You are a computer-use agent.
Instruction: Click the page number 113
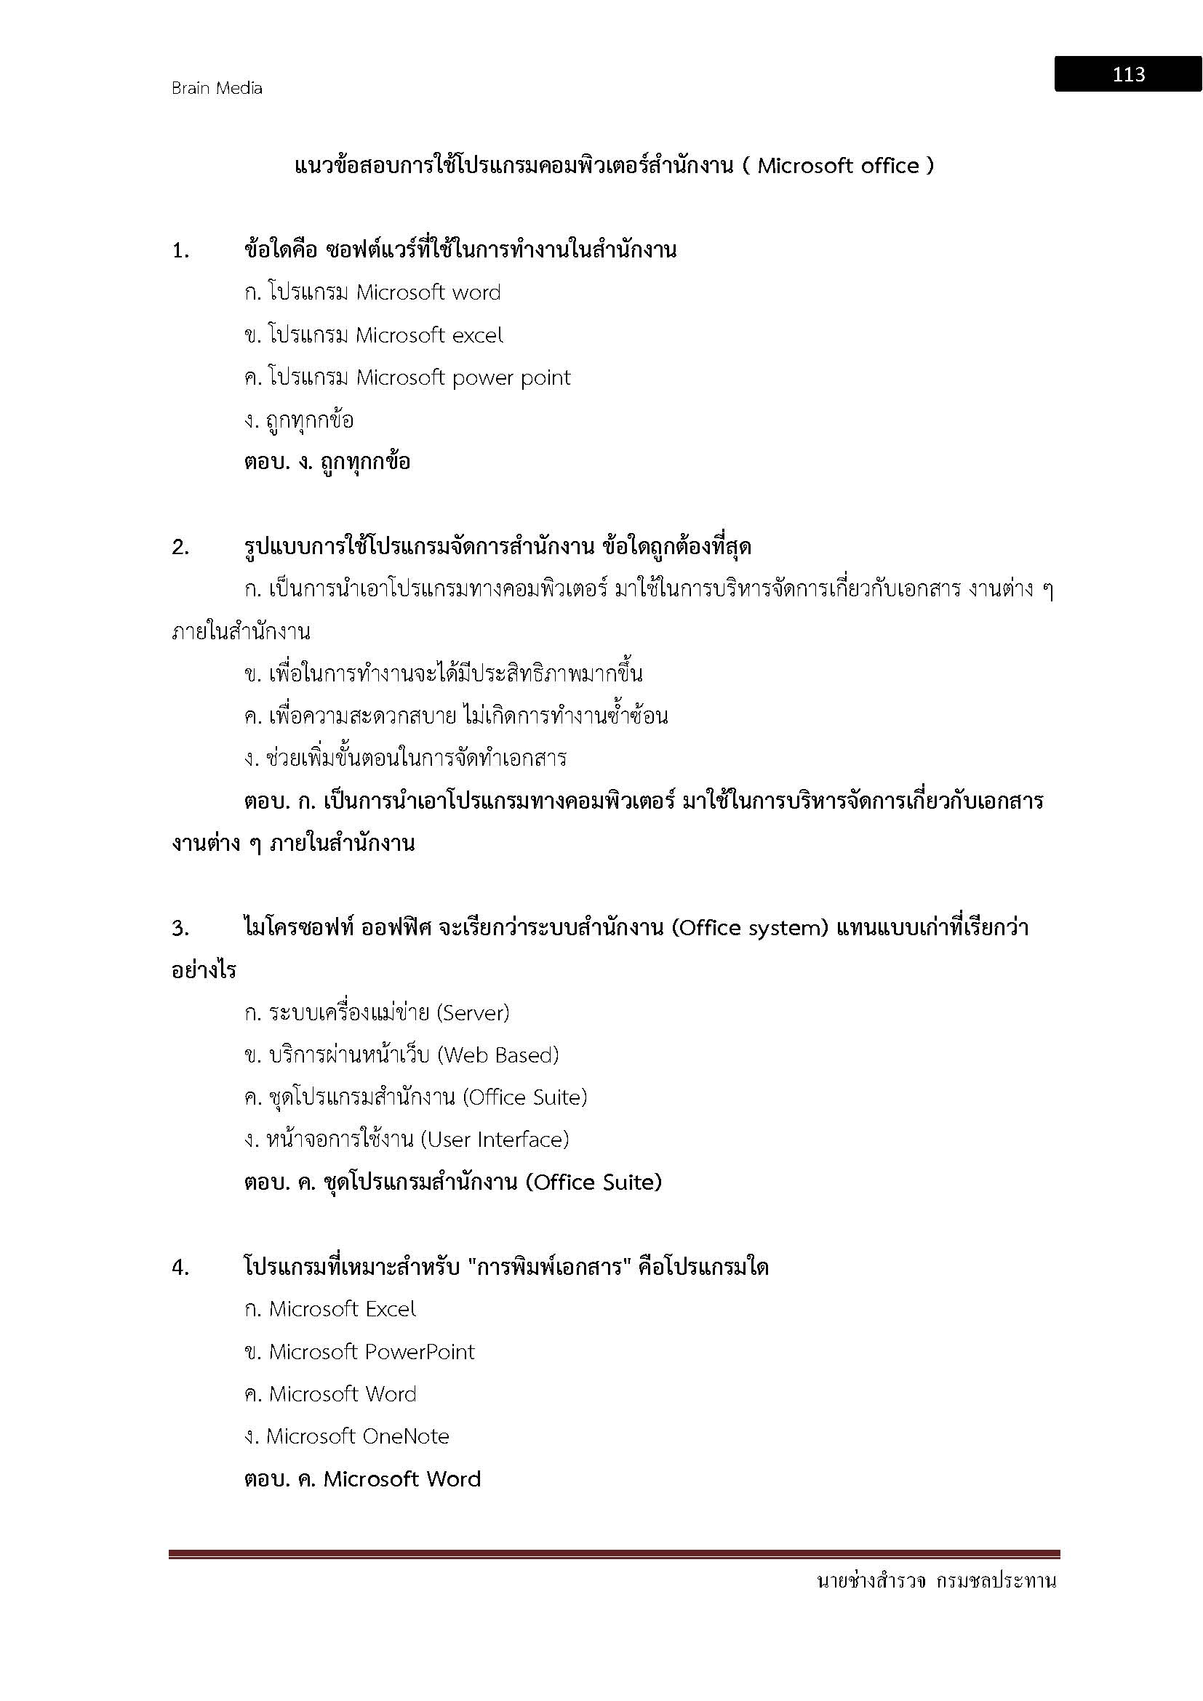coord(1128,74)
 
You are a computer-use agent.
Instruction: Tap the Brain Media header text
coord(216,88)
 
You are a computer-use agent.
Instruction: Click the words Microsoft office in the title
coord(838,166)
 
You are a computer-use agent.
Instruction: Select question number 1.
coord(181,251)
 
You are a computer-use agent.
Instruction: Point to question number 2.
coord(181,548)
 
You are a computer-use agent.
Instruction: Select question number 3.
coord(181,928)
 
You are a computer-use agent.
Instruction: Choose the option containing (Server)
coord(376,1013)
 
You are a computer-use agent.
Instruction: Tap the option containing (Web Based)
coord(401,1055)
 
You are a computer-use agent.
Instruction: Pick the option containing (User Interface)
coord(406,1140)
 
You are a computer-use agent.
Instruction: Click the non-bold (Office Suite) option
coord(415,1097)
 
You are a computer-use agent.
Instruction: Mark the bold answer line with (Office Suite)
coord(452,1182)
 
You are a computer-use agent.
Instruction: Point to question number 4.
coord(181,1268)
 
